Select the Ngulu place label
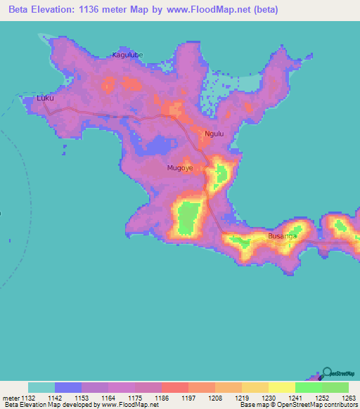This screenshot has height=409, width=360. [x=214, y=134]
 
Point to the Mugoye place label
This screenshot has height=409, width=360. [x=180, y=168]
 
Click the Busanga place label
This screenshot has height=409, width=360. [x=281, y=236]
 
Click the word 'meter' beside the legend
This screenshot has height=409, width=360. [x=11, y=397]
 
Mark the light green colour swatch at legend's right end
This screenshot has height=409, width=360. [x=335, y=387]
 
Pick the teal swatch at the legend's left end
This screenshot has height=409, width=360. [x=41, y=387]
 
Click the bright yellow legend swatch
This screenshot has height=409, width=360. [x=282, y=387]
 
